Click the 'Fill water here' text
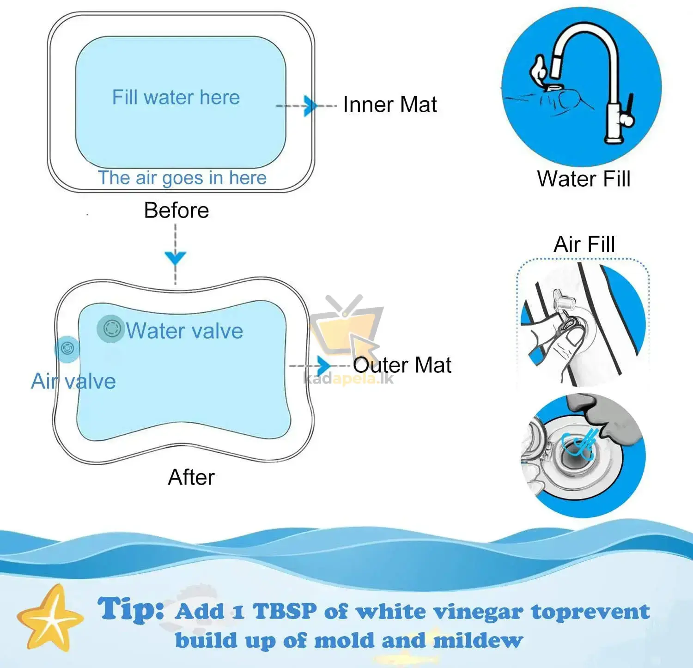(176, 97)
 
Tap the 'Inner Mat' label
(390, 104)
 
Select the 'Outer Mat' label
(402, 365)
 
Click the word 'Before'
(176, 211)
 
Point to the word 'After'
(191, 477)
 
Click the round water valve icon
(111, 328)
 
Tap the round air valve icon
(67, 349)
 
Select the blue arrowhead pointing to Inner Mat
(310, 106)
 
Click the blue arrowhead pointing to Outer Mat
(324, 365)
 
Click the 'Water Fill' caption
(584, 179)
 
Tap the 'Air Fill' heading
(584, 244)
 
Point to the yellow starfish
(50, 618)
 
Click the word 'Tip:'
(131, 609)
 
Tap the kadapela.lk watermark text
(348, 379)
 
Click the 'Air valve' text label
(73, 382)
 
